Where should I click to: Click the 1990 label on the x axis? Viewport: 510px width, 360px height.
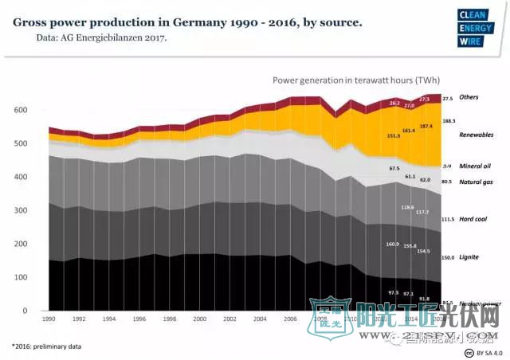pyautogui.click(x=49, y=319)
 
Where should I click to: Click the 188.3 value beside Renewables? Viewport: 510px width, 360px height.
pyautogui.click(x=448, y=121)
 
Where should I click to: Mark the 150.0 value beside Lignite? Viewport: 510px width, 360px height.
pyautogui.click(x=447, y=258)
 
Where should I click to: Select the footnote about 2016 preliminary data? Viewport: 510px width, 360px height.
pyautogui.click(x=46, y=346)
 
